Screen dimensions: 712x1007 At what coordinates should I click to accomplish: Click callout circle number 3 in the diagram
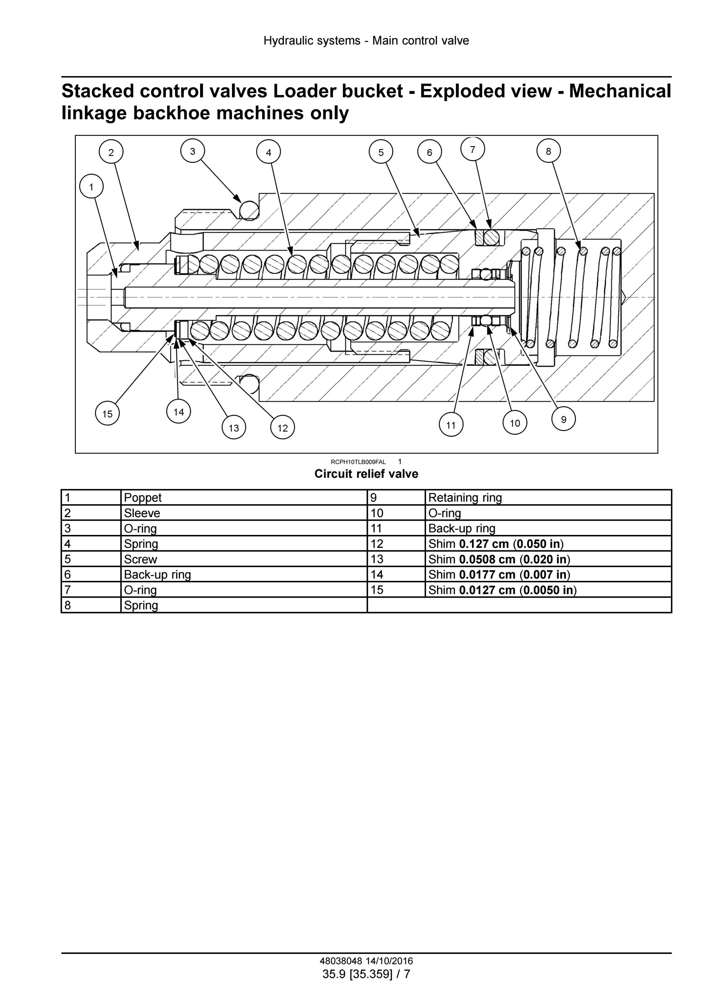[192, 151]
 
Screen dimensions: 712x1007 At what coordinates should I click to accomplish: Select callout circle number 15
[107, 414]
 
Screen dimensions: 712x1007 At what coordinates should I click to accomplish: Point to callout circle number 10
[515, 423]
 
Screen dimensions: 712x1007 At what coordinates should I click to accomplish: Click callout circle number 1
[91, 187]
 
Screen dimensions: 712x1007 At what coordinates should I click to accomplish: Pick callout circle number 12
[282, 428]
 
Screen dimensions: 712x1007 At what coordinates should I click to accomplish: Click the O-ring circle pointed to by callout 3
[250, 210]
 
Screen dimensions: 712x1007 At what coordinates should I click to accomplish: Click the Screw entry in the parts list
[140, 559]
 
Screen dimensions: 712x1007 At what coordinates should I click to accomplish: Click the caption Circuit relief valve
[367, 474]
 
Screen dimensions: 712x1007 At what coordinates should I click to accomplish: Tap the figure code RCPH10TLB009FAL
[358, 462]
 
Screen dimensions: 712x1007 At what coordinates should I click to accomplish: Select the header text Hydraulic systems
[312, 41]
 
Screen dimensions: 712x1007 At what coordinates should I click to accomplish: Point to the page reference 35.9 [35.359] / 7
[367, 974]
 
